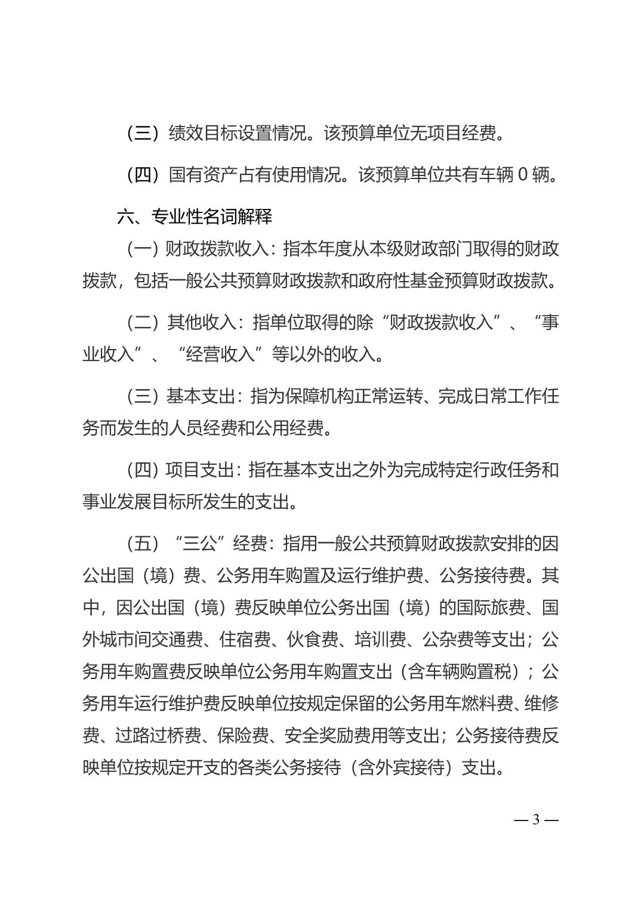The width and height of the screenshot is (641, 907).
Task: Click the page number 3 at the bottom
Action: click(x=536, y=819)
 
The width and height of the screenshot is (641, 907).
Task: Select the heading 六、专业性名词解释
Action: click(x=195, y=216)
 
